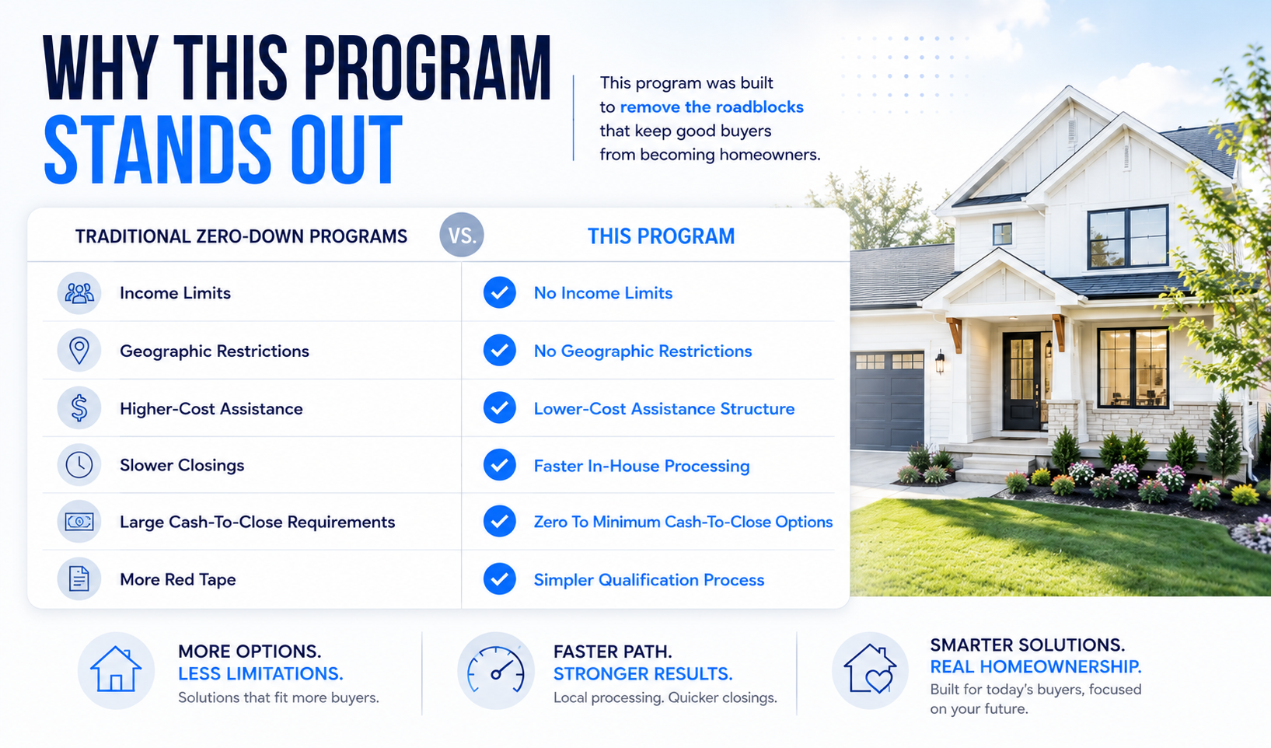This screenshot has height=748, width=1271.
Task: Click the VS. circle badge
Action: pyautogui.click(x=461, y=234)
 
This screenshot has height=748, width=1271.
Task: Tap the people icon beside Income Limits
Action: pyautogui.click(x=79, y=293)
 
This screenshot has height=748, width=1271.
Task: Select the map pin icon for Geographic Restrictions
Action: pyautogui.click(x=79, y=350)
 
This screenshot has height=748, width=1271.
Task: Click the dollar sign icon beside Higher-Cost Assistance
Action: pyautogui.click(x=79, y=408)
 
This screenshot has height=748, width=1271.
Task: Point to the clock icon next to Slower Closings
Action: pyautogui.click(x=79, y=465)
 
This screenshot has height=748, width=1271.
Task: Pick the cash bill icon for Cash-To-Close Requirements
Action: pyautogui.click(x=79, y=522)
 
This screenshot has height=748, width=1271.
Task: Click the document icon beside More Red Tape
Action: pyautogui.click(x=79, y=578)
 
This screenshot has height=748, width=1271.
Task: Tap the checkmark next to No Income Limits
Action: pyautogui.click(x=499, y=293)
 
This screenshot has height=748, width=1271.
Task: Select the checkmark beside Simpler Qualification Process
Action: pyautogui.click(x=499, y=578)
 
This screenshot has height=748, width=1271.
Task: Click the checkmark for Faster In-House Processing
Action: pyautogui.click(x=499, y=465)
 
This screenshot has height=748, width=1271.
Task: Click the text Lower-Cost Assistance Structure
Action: pyautogui.click(x=664, y=409)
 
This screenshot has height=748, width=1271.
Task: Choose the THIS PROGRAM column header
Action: pyautogui.click(x=661, y=236)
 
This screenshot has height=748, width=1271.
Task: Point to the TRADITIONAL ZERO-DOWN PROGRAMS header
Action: pyautogui.click(x=241, y=236)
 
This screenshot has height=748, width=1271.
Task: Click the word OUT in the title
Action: pyautogui.click(x=346, y=150)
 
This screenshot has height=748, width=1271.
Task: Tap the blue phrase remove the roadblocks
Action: pyautogui.click(x=711, y=107)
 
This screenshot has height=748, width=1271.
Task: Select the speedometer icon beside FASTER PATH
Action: pyautogui.click(x=495, y=671)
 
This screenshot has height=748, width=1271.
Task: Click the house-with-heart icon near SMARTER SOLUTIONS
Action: pyautogui.click(x=870, y=670)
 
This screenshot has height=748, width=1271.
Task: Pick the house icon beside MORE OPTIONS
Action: pyautogui.click(x=116, y=670)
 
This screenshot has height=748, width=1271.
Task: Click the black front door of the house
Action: pyautogui.click(x=1022, y=381)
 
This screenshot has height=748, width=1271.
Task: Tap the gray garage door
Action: pyautogui.click(x=887, y=400)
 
